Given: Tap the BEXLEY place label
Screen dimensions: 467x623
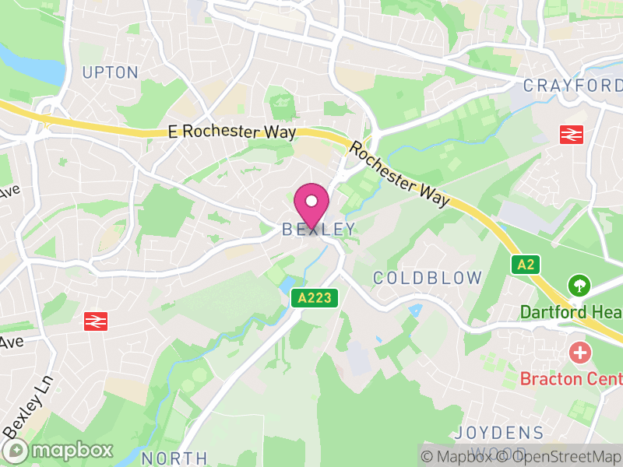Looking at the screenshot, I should coord(319,230).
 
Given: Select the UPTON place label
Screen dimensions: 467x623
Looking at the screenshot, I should coord(111,73).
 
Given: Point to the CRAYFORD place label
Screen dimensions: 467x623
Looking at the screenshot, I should coord(572,86).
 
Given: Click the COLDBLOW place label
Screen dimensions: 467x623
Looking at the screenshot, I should coord(428,278).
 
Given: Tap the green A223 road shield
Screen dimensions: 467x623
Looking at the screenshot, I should coord(315,297).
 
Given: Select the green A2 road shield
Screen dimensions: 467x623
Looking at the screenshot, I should coord(526,264).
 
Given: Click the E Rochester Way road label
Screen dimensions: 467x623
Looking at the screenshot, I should coord(232,132).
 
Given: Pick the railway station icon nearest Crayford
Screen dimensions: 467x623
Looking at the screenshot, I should coord(572,134).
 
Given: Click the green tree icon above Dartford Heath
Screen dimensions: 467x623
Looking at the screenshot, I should coord(579,285).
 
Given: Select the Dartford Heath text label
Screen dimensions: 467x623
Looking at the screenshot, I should coord(571,312).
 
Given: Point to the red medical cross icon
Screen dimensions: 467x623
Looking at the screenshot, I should coord(579,353).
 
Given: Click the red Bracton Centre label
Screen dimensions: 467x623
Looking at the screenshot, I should coord(571,379).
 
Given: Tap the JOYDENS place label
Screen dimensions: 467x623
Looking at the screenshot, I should coord(499,433).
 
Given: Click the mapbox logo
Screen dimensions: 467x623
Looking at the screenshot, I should coord(59,450).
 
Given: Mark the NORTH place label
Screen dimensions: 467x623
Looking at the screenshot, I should coord(175,458).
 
